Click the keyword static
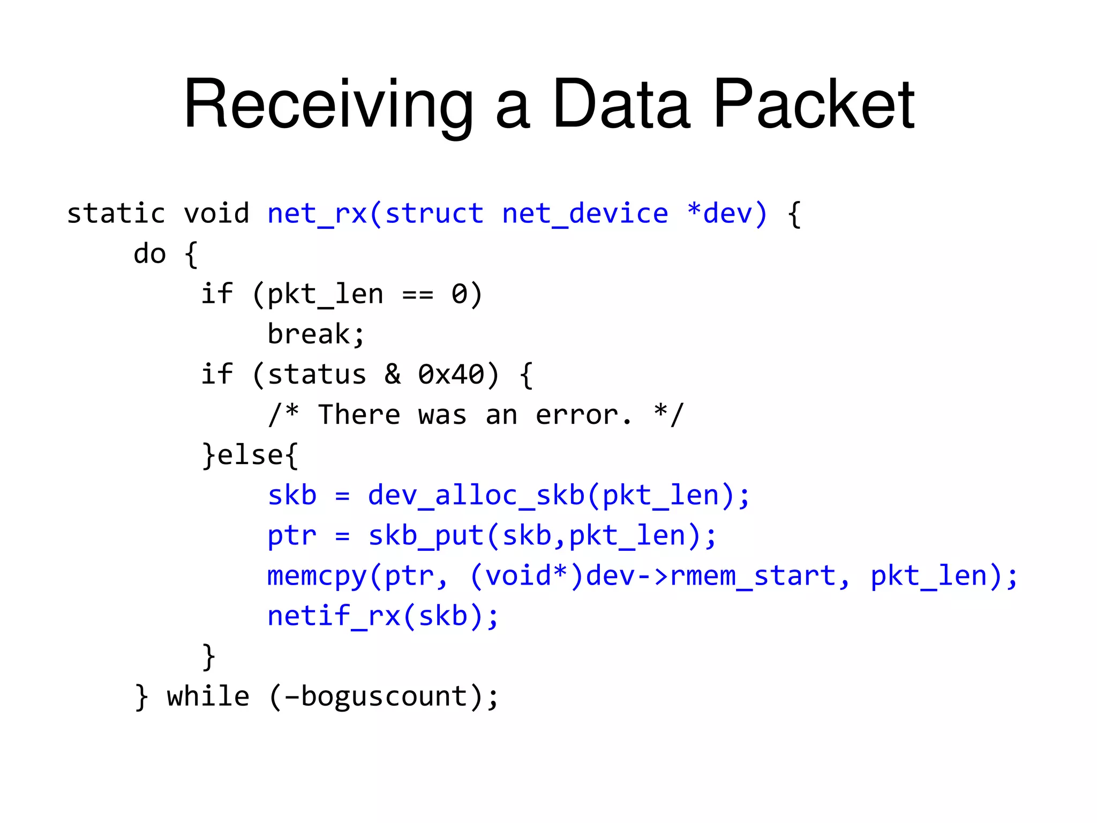click(x=116, y=214)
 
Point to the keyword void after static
click(x=216, y=214)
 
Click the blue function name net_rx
click(x=317, y=214)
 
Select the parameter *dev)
click(x=727, y=214)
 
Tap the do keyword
click(x=149, y=254)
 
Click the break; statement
click(x=316, y=334)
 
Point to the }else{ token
click(x=250, y=455)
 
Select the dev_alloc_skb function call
click(x=476, y=496)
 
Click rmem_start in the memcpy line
click(x=753, y=576)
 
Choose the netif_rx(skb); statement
click(x=383, y=616)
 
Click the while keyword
click(x=208, y=697)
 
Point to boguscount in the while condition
click(x=384, y=697)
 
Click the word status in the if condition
click(x=317, y=375)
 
